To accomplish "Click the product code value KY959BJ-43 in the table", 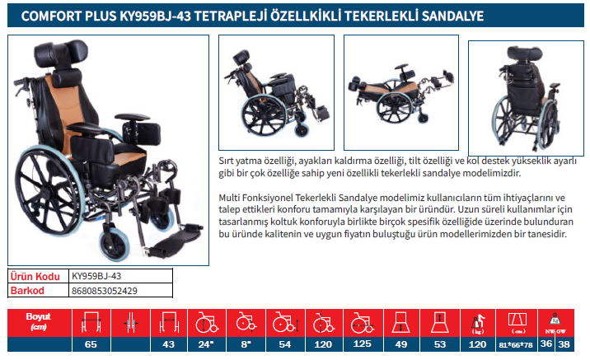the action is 96,276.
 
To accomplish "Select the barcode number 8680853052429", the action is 104,291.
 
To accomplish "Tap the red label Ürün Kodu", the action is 35,277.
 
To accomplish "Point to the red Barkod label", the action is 27,291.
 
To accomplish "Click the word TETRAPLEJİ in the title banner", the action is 230,16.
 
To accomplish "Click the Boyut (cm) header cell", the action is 39,321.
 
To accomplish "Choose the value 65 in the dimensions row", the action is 91,344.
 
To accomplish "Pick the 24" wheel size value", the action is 206,344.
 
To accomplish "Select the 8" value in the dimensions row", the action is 246,344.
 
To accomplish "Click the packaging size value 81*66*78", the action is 516,344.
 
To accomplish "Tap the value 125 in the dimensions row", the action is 362,344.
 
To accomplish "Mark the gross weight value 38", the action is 564,344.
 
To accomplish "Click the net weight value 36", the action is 546,344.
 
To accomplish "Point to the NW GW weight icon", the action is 555,324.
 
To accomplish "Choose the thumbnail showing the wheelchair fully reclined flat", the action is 401,92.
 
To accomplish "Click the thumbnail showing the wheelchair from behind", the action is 526,98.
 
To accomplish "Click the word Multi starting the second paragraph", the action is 229,198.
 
